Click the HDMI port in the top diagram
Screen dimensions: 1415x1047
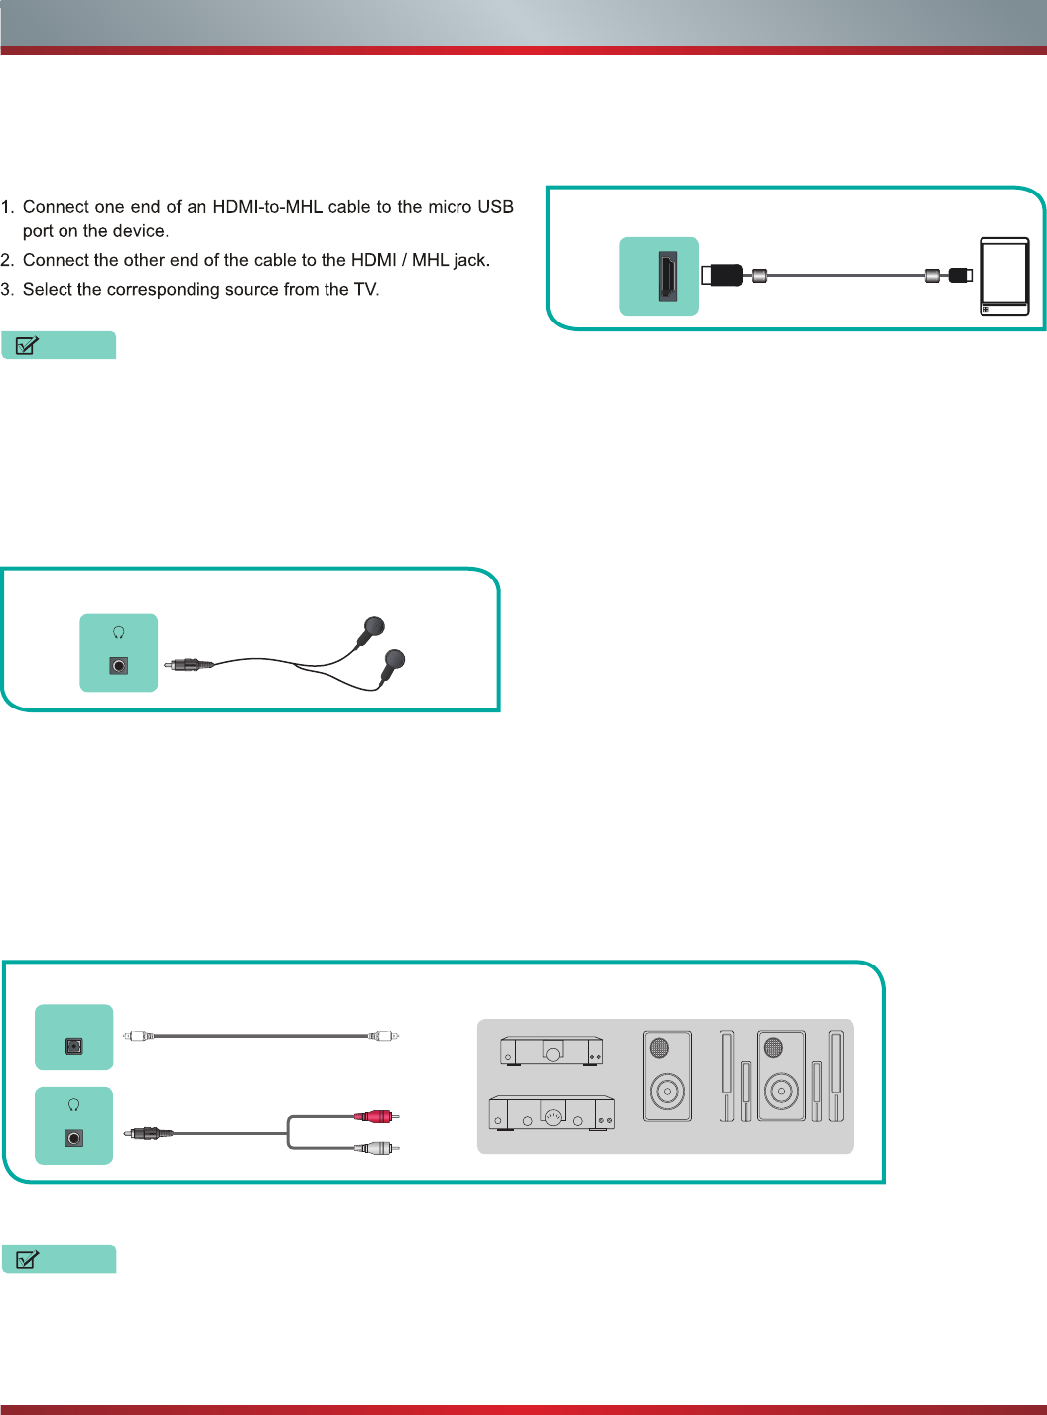(667, 277)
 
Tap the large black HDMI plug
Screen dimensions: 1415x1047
(723, 275)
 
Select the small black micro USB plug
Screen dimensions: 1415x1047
(960, 275)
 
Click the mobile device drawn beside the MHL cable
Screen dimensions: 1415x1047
(1004, 276)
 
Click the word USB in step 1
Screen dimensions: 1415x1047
(495, 207)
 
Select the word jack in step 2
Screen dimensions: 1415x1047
(471, 260)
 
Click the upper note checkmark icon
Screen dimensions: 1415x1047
(28, 345)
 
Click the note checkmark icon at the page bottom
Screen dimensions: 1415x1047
(28, 1259)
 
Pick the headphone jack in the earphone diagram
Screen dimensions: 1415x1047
(119, 666)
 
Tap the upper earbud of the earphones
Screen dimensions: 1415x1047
(372, 627)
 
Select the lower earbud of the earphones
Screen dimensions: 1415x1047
(394, 659)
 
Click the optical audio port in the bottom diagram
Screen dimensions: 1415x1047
(74, 1046)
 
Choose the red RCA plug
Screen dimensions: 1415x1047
(377, 1116)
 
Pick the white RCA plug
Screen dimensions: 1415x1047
(377, 1148)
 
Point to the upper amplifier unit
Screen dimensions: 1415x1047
(552, 1050)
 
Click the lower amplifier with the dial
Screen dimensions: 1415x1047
(552, 1113)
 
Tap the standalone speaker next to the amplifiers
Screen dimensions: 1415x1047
(667, 1077)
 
